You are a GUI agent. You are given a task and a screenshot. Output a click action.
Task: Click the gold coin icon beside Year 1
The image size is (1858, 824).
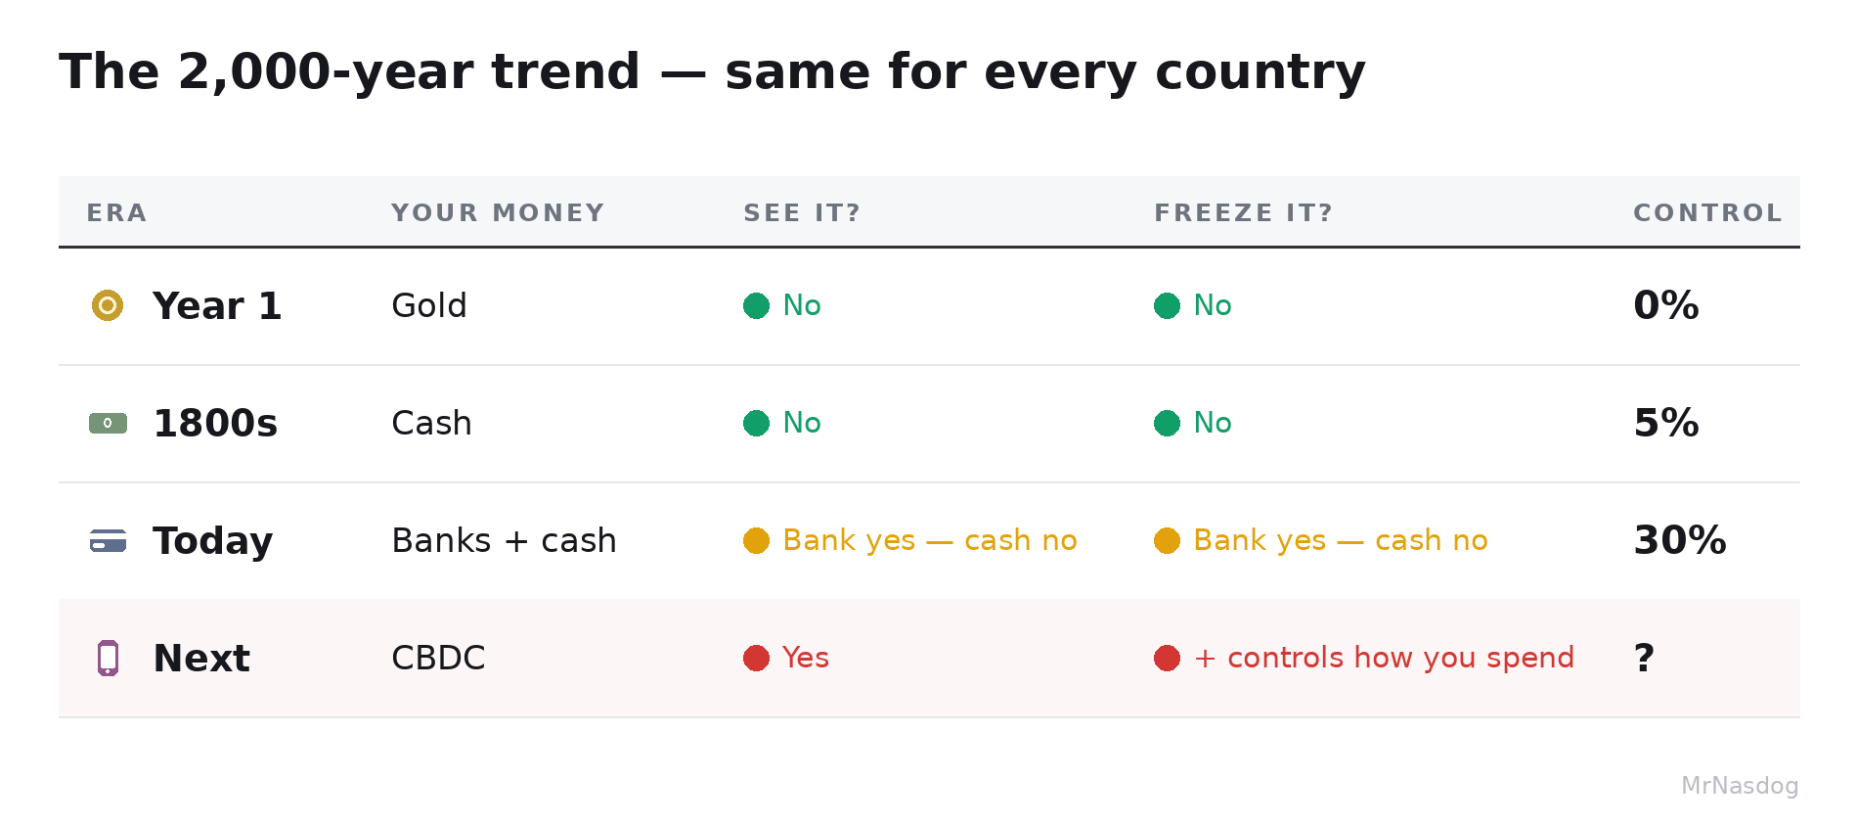[108, 305]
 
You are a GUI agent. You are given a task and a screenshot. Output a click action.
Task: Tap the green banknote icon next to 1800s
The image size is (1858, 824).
[108, 423]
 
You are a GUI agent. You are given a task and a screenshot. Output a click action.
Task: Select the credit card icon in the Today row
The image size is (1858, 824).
[108, 540]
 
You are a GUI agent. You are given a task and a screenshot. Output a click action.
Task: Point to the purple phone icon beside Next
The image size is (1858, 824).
[108, 658]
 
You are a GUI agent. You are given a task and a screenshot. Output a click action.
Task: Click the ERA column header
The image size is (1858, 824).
[116, 213]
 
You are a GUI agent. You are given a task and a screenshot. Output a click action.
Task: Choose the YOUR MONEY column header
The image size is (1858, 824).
[498, 213]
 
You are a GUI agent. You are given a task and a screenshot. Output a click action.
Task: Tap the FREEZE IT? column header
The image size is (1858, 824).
[1243, 213]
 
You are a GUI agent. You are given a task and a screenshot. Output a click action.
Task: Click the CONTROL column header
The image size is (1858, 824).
[1707, 213]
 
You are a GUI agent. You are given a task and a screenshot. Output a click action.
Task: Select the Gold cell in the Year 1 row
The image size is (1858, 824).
[428, 305]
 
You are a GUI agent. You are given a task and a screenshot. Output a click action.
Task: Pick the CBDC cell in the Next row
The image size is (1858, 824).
[438, 658]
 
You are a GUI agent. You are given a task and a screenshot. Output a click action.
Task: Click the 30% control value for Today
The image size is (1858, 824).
[1680, 540]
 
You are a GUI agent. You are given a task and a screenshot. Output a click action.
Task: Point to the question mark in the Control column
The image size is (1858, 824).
[1644, 658]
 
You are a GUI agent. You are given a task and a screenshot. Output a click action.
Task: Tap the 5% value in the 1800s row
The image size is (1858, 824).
[1666, 423]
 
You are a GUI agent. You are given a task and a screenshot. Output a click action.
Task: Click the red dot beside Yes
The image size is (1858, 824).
[756, 658]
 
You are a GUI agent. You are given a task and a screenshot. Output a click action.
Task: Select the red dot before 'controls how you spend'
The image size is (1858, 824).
[1167, 658]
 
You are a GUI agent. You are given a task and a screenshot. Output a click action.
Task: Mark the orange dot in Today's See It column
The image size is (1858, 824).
[756, 540]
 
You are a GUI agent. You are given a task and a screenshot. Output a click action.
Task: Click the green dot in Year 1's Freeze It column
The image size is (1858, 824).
[1167, 305]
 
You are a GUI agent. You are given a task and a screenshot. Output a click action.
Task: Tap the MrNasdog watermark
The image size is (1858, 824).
[1740, 786]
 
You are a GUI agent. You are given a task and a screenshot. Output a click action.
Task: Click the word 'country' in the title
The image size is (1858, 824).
[1261, 73]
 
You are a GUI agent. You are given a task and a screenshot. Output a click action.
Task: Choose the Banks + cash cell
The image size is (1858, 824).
[504, 540]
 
